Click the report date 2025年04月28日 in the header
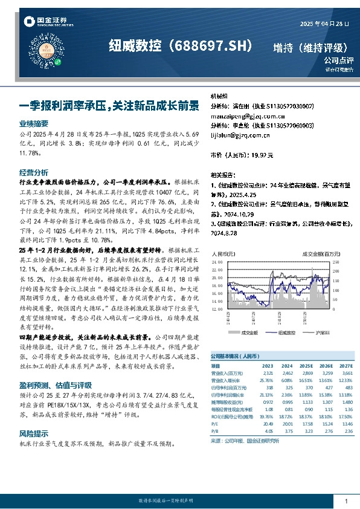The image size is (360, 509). pyautogui.click(x=324, y=24)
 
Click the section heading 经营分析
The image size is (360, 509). pyautogui.click(x=34, y=172)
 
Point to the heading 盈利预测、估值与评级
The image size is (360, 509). pyautogui.click(x=56, y=367)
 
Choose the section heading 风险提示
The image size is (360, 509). pyautogui.click(x=34, y=417)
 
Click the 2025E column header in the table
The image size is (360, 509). pyautogui.click(x=307, y=366)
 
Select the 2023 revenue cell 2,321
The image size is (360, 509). pyautogui.click(x=267, y=374)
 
